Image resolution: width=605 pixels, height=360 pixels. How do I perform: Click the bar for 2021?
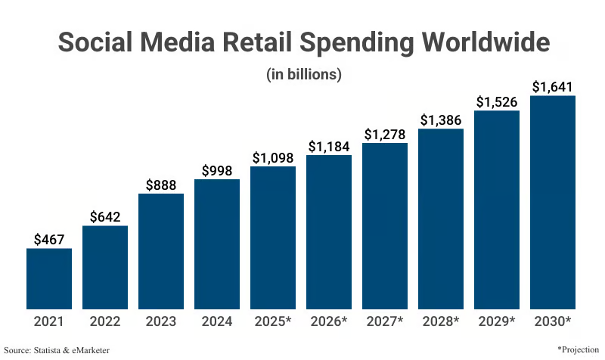[x=49, y=278]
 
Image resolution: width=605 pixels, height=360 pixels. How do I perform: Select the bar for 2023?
[x=161, y=251]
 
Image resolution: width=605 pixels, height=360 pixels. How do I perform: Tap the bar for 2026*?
[x=329, y=232]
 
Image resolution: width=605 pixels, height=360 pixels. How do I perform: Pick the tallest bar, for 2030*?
[x=553, y=202]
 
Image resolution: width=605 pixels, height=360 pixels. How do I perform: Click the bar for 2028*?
[x=441, y=219]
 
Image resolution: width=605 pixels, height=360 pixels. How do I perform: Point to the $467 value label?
[x=49, y=239]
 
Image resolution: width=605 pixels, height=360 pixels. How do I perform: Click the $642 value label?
[x=105, y=216]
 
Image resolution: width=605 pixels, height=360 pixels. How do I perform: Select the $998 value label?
[x=217, y=170]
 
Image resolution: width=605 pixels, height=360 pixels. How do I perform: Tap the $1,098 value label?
[x=273, y=157]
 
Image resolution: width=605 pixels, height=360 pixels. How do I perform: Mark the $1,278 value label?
[x=385, y=134]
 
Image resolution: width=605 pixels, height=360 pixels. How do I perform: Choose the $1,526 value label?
[x=497, y=101]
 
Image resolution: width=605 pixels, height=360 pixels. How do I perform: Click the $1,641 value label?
[x=553, y=86]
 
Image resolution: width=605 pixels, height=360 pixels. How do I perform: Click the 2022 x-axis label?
[x=105, y=321]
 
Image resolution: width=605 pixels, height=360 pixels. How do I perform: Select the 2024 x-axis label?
[x=217, y=321]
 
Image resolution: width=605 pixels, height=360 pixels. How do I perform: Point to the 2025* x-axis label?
[x=273, y=321]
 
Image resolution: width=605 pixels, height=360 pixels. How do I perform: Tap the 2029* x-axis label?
[x=497, y=321]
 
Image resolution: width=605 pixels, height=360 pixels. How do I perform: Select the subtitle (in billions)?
[x=304, y=74]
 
